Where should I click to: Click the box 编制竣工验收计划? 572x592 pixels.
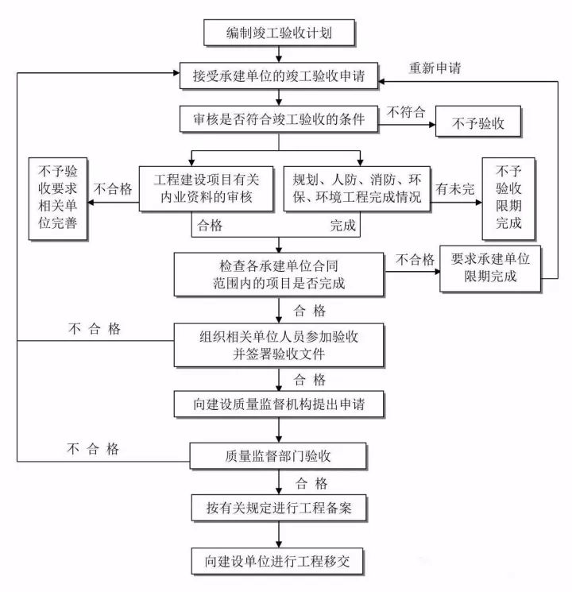(279, 34)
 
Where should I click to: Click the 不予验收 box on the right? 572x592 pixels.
(479, 124)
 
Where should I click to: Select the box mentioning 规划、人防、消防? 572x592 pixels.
(357, 189)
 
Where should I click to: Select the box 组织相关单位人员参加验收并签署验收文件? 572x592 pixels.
(279, 345)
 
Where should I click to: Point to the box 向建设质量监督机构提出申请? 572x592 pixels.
(279, 404)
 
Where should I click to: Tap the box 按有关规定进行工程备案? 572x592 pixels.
(279, 506)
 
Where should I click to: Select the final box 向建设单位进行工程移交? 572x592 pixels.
(279, 561)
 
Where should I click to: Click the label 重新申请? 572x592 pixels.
(435, 67)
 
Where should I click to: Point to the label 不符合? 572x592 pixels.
(405, 112)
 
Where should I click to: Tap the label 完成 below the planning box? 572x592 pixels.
(343, 226)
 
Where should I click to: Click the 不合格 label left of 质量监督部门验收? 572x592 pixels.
(93, 449)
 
